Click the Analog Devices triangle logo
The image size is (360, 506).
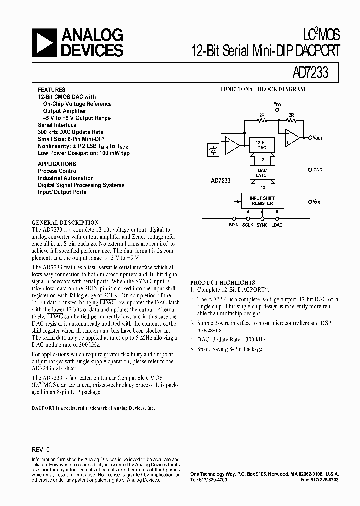tap(45, 42)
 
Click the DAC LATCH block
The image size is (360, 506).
tap(262, 173)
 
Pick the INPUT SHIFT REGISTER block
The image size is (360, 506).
tap(262, 201)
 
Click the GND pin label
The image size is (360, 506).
tap(318, 170)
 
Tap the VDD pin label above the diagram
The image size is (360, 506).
tap(277, 103)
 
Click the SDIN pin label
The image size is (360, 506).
tap(233, 225)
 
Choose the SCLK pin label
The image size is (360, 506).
tap(248, 225)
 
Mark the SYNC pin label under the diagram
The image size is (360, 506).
tap(262, 225)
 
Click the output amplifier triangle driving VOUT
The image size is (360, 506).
tap(292, 137)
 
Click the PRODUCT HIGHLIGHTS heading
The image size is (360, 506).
tap(222, 283)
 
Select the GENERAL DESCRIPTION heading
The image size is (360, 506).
tap(65, 222)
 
